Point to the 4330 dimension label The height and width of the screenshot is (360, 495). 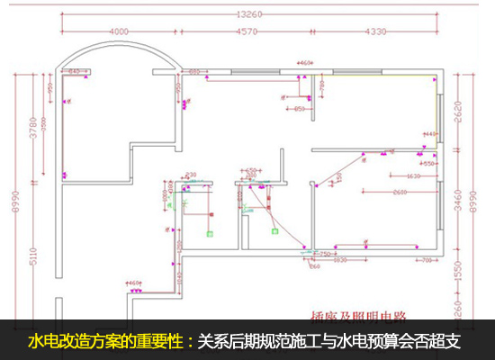[x=376, y=32]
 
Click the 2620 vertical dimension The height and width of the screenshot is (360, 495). [x=459, y=110]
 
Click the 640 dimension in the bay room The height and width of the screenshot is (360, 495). [x=76, y=71]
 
